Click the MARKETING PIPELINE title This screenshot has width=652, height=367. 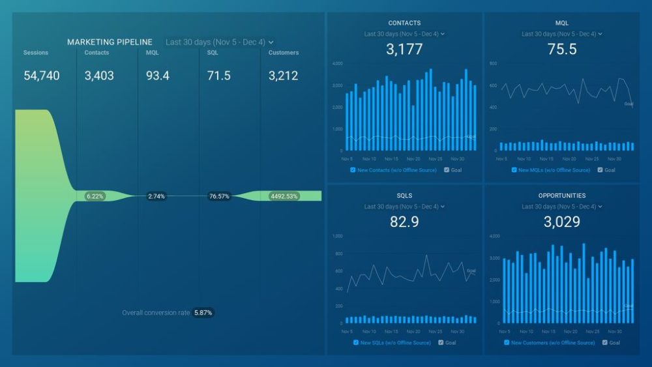click(x=110, y=42)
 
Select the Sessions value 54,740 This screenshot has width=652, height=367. click(x=41, y=76)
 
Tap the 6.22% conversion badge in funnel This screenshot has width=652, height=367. click(x=95, y=196)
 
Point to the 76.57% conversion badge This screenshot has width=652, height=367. click(x=218, y=196)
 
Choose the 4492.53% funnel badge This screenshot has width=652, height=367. click(x=283, y=196)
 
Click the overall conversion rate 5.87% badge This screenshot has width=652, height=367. click(x=203, y=313)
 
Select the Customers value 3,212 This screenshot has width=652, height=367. click(x=283, y=76)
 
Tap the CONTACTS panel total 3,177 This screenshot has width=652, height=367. click(x=404, y=49)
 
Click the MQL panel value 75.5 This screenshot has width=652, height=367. click(x=562, y=49)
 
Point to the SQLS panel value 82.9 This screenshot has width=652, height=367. click(x=404, y=222)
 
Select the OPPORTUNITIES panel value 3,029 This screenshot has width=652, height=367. click(x=562, y=222)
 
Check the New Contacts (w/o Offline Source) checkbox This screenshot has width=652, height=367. click(x=353, y=170)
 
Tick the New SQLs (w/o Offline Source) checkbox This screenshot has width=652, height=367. click(x=355, y=342)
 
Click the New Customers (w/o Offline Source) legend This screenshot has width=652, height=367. click(x=552, y=342)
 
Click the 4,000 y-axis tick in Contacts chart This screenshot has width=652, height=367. click(x=337, y=64)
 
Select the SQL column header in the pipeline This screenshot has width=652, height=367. click(x=213, y=53)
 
